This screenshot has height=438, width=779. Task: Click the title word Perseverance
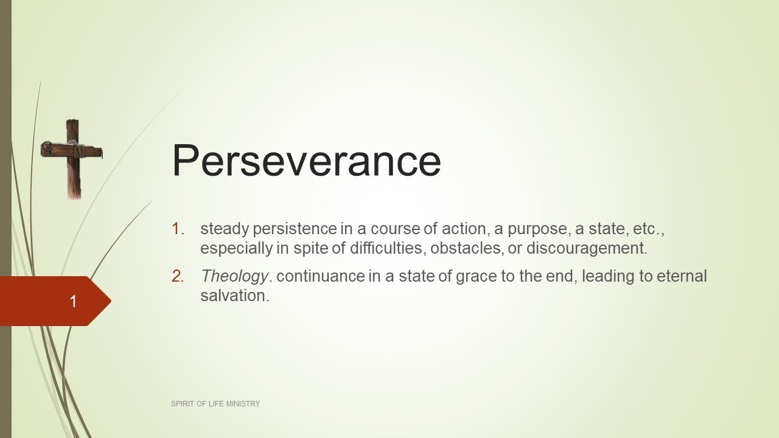click(x=306, y=161)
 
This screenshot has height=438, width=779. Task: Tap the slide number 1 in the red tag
click(x=74, y=301)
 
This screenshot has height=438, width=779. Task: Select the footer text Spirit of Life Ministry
click(x=215, y=404)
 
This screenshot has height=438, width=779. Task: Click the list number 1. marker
click(x=178, y=229)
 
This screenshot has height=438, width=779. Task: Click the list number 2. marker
click(x=178, y=276)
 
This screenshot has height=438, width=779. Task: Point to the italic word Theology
click(x=234, y=276)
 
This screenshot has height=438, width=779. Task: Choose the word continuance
click(x=320, y=276)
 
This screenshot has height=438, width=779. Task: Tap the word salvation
click(x=234, y=296)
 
